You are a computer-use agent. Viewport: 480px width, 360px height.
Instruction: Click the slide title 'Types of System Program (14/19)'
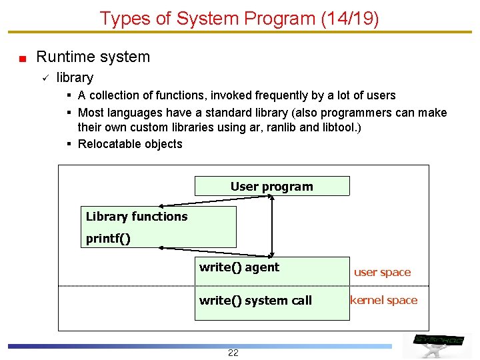(239, 18)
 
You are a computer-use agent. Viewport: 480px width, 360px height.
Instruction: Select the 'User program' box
(271, 186)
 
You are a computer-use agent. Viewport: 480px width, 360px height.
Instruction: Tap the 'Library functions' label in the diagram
(137, 216)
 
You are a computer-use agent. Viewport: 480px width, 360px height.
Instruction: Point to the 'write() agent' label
(239, 267)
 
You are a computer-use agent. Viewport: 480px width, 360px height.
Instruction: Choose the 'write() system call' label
(255, 300)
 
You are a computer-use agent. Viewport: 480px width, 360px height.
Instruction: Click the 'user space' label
(382, 272)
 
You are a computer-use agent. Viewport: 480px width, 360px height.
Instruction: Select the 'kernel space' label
(383, 300)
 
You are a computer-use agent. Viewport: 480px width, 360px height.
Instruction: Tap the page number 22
(233, 353)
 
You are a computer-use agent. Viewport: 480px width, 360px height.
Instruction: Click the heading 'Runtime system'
(93, 57)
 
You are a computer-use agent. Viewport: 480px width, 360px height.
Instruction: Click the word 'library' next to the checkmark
(75, 78)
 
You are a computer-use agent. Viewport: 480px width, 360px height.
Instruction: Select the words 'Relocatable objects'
(130, 144)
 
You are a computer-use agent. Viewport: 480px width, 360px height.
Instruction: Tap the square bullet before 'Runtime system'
(22, 58)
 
